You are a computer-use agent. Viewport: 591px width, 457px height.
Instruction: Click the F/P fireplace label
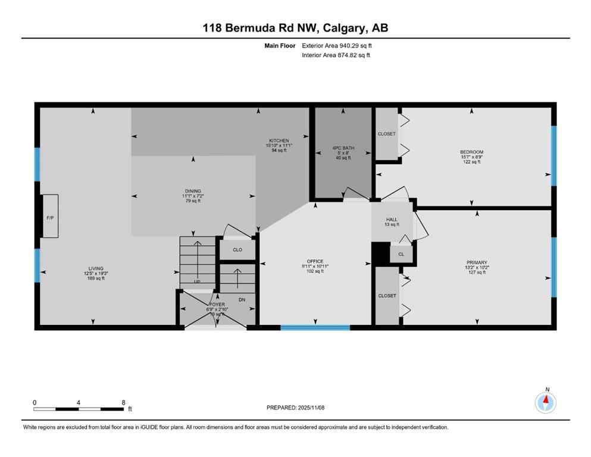(50, 218)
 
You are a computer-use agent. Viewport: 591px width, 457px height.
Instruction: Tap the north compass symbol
(546, 403)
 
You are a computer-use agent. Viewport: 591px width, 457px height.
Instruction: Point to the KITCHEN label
(278, 141)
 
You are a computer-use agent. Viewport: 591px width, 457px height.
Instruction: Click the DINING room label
(192, 191)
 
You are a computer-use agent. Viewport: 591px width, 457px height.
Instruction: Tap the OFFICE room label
(315, 261)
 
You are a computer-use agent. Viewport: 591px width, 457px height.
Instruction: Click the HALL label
(392, 220)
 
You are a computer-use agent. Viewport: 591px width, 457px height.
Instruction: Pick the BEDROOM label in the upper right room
(471, 152)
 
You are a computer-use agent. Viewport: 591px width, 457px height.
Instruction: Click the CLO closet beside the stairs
(237, 249)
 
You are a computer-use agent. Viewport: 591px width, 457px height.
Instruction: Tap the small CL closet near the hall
(401, 254)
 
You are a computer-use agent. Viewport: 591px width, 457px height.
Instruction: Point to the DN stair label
(242, 299)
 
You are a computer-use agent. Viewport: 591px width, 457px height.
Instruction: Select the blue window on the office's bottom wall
(315, 327)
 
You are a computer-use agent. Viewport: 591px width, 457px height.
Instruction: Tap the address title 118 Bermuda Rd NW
(295, 28)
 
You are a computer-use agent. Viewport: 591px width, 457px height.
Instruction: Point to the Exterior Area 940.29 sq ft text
(339, 45)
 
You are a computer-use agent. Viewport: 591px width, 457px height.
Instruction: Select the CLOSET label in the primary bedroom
(387, 296)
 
